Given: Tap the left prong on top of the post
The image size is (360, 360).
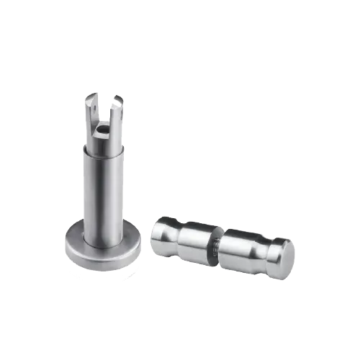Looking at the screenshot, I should tap(91, 115).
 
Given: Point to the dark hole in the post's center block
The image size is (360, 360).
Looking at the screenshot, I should tap(103, 130).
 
